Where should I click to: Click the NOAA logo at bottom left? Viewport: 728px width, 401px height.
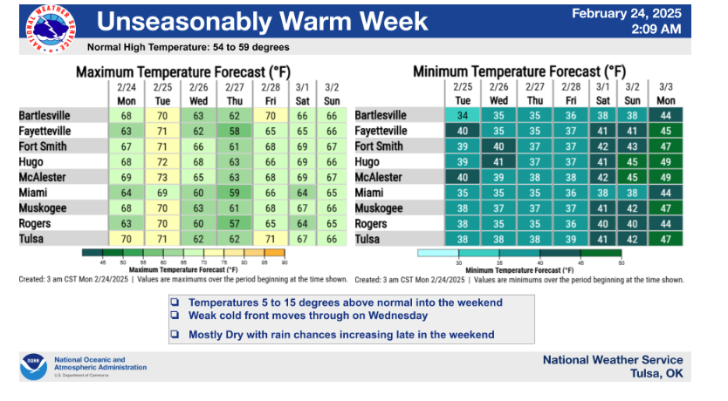coord(33,367)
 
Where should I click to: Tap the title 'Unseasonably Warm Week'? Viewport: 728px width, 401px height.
coord(261,21)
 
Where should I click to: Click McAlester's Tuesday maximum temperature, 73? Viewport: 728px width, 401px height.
coord(162,177)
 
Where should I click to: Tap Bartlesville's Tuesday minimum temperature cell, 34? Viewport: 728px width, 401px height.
coord(463,115)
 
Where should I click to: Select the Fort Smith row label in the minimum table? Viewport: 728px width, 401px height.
coord(381,146)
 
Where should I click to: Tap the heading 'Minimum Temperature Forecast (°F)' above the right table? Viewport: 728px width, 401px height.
coord(519,71)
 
